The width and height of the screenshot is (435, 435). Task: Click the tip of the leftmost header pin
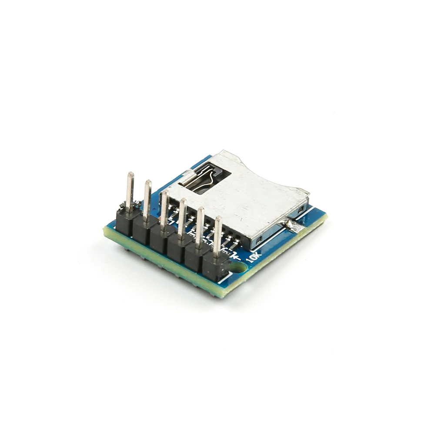point(130,174)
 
